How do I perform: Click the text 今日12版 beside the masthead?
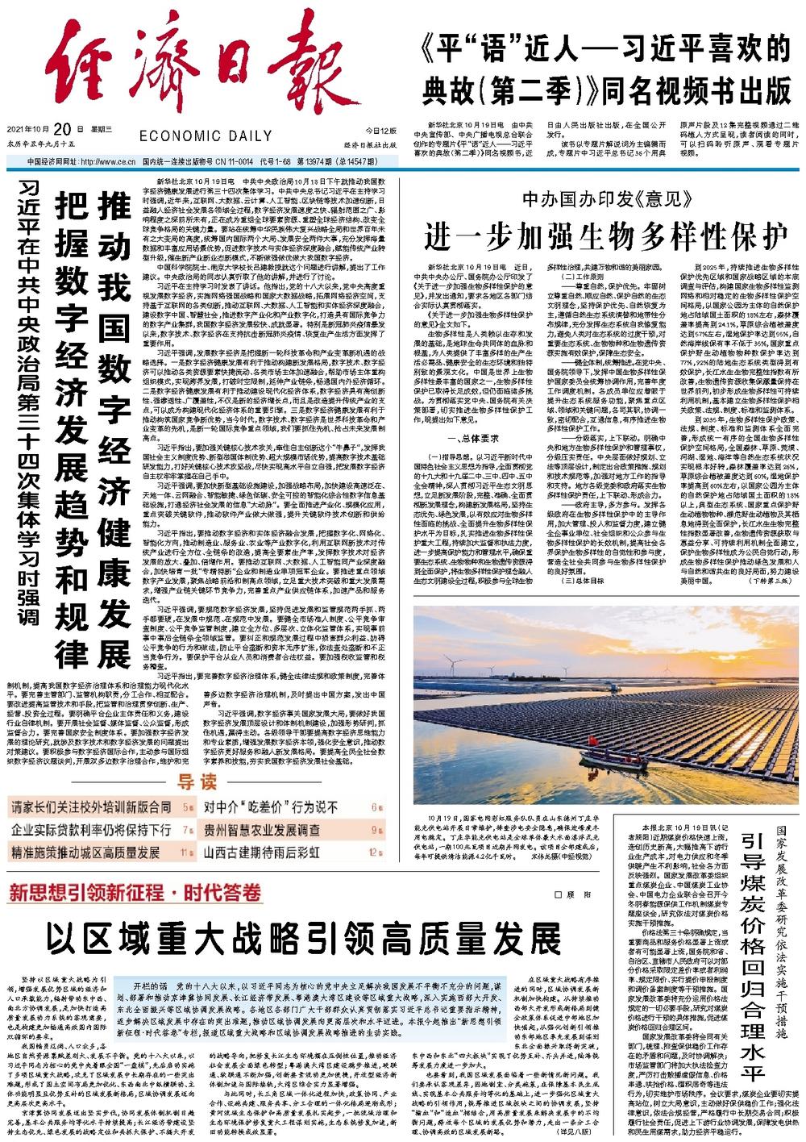[x=380, y=130]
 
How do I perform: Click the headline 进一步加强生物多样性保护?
[x=607, y=236]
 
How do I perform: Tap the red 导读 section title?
[x=197, y=781]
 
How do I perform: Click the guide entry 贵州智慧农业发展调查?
[x=261, y=829]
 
